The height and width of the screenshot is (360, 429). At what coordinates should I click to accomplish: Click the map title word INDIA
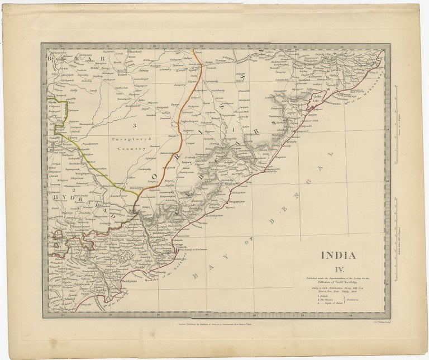(x=338, y=255)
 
